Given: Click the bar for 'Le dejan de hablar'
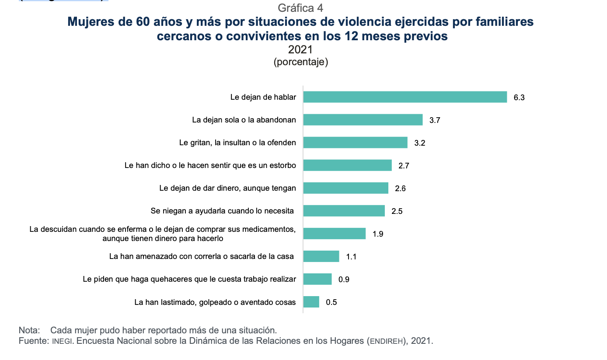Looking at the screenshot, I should [405, 97].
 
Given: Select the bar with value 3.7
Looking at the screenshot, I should [363, 120].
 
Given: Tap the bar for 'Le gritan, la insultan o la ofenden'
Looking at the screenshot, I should [355, 143].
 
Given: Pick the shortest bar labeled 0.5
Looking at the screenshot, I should [311, 302].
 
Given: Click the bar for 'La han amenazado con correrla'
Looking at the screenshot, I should [321, 256].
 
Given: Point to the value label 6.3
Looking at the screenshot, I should [519, 98].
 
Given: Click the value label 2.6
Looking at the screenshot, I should [400, 189].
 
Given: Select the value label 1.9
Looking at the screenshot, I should [378, 234].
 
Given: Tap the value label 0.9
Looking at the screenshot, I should [344, 280].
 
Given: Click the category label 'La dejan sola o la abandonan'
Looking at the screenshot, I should [244, 120].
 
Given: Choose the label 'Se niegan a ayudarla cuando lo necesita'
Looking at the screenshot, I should [222, 211].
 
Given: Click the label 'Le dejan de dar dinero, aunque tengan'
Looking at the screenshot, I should [227, 188].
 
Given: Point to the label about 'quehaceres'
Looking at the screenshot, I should [189, 279].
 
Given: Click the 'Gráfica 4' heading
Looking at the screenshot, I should [300, 8].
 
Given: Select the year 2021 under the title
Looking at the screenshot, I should [300, 50].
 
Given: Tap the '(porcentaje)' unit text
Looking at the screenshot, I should [300, 62].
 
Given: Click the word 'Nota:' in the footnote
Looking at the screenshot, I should [29, 330].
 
